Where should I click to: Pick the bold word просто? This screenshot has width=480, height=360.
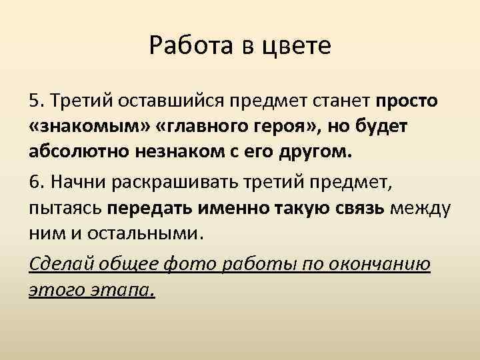tap(407, 102)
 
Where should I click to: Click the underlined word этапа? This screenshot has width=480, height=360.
tap(131, 290)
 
